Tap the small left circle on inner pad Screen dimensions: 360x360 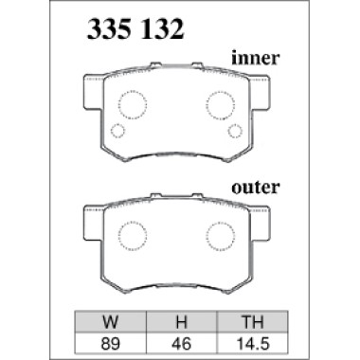pyautogui.click(x=118, y=131)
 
